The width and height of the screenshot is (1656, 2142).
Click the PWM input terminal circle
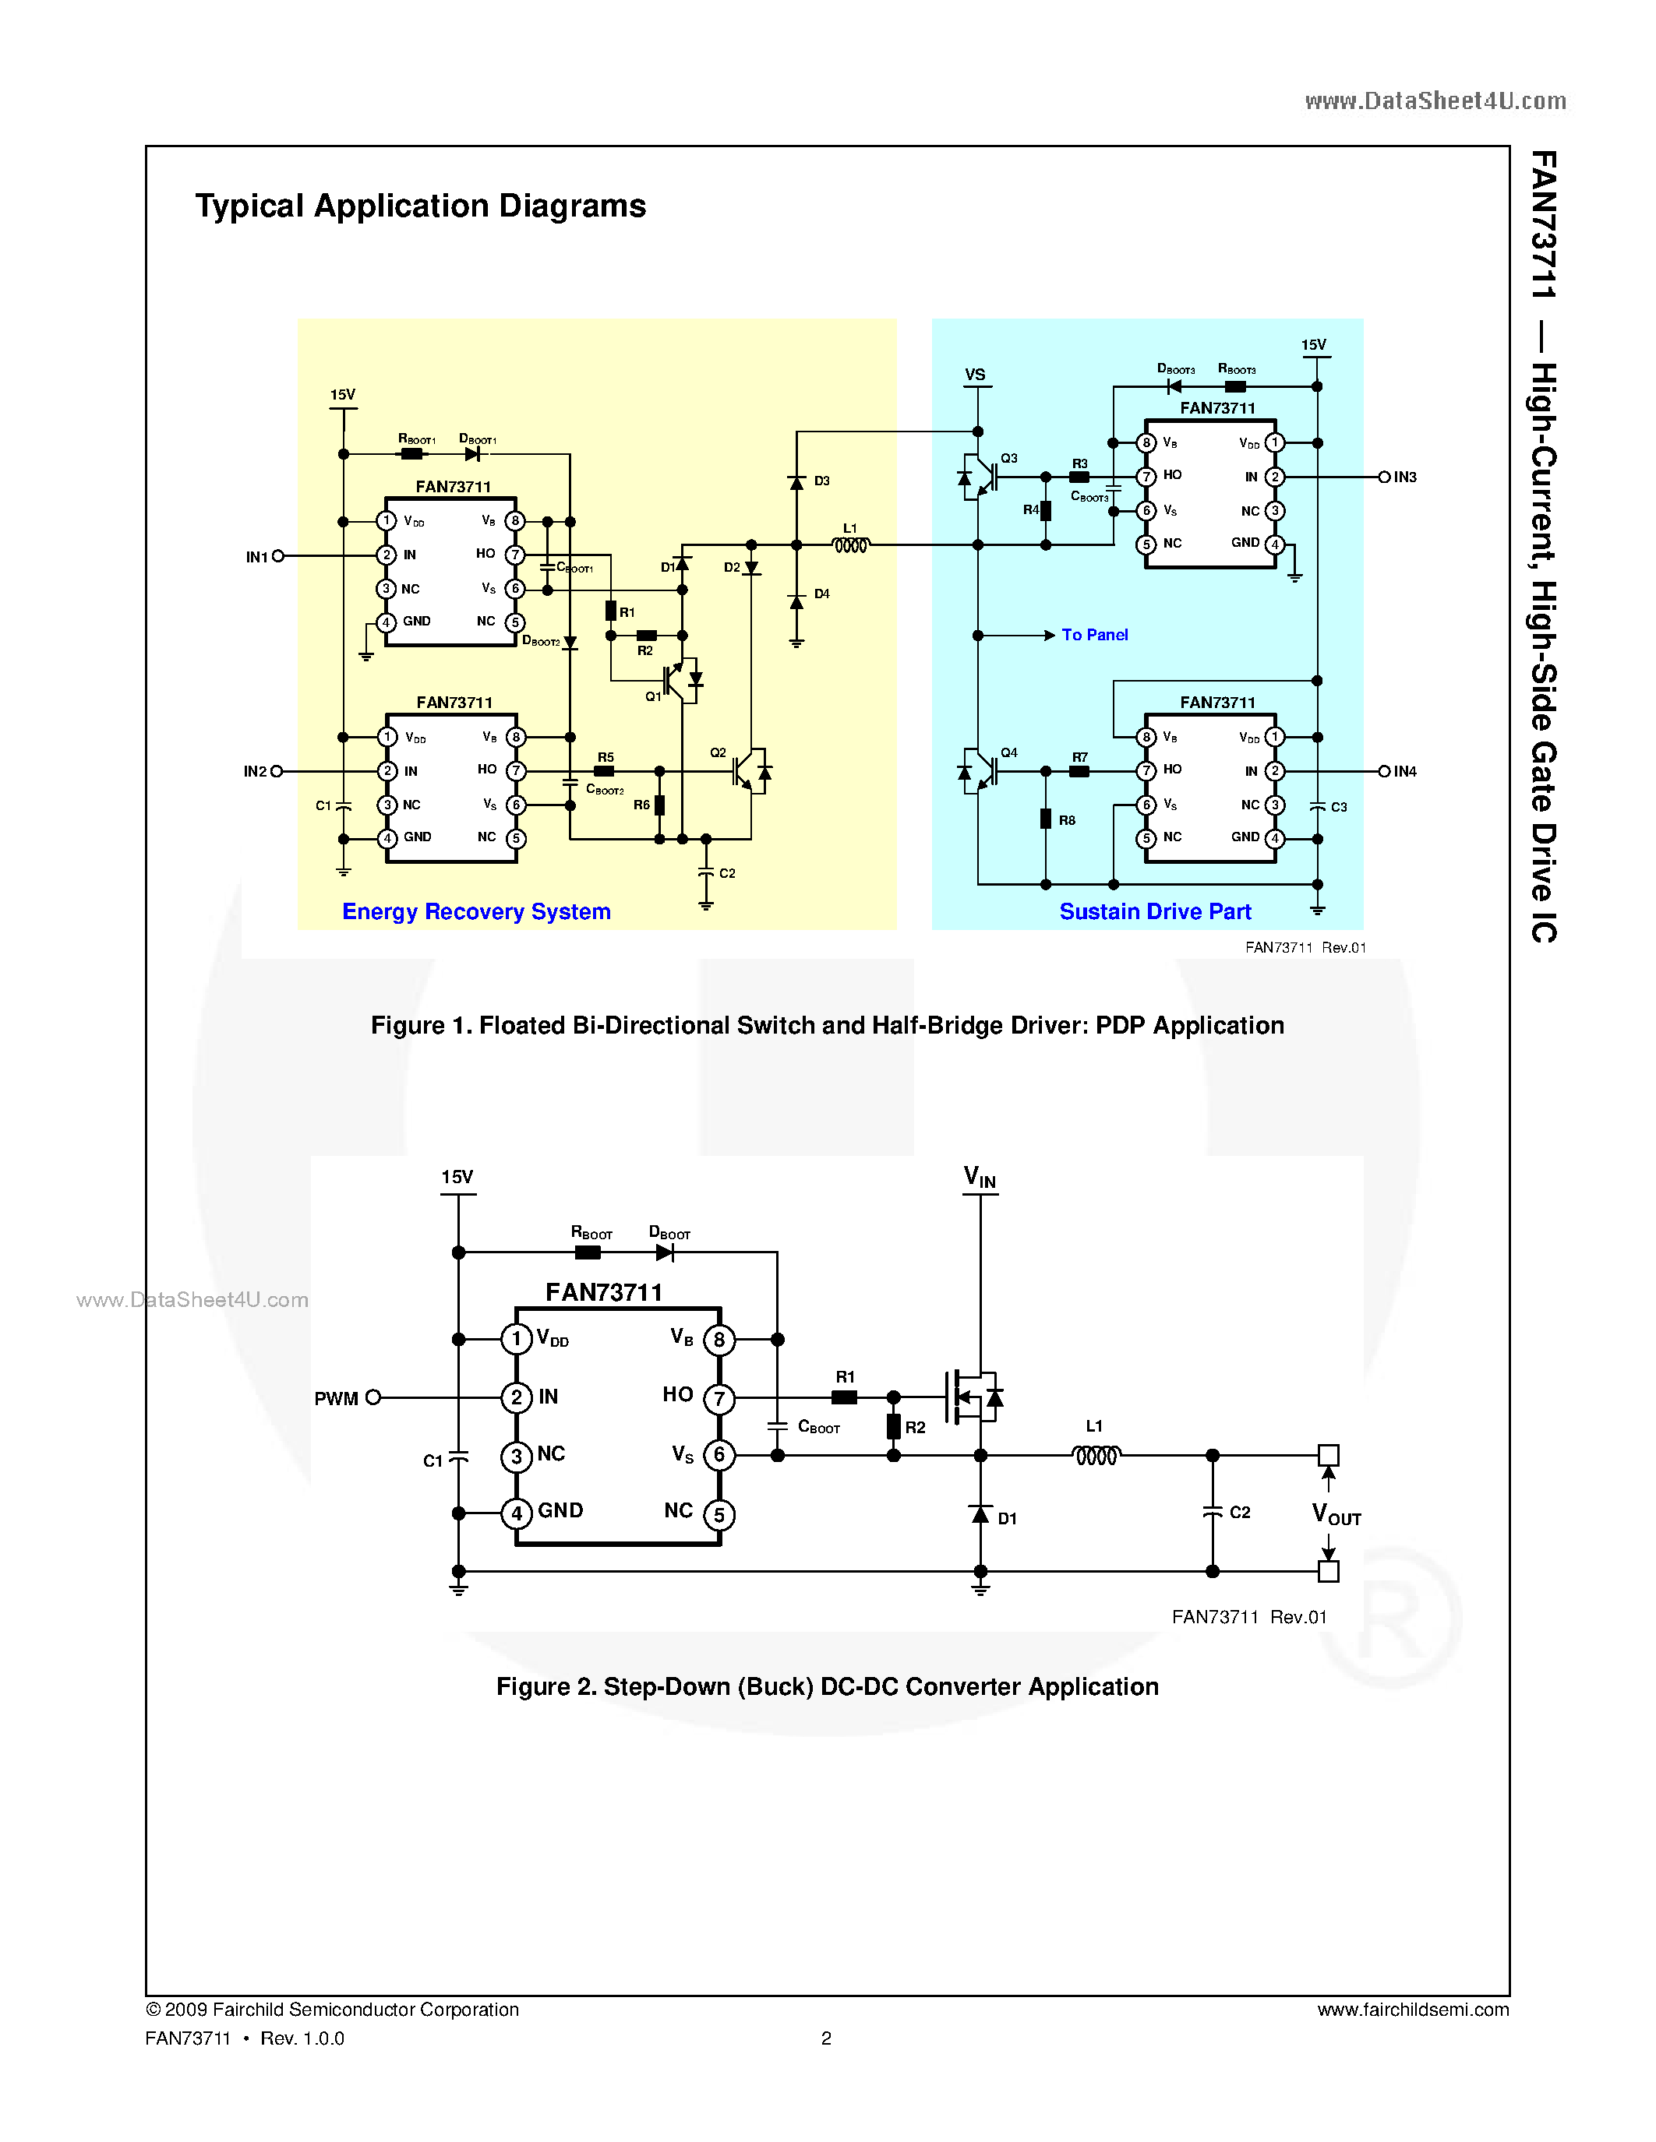pyautogui.click(x=373, y=1397)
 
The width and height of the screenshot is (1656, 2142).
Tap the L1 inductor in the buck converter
pyautogui.click(x=1096, y=1456)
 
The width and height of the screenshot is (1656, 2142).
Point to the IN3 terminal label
pyautogui.click(x=1405, y=477)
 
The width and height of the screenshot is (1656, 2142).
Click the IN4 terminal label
pyautogui.click(x=1405, y=772)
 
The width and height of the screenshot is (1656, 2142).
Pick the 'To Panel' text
pyautogui.click(x=1095, y=636)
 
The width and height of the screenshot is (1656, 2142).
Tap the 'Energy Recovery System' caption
pyautogui.click(x=476, y=912)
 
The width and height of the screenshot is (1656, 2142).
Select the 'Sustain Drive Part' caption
pyautogui.click(x=1155, y=912)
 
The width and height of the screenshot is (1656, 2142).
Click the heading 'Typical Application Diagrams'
pyautogui.click(x=420, y=206)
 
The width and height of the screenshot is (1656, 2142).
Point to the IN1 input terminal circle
pyautogui.click(x=279, y=556)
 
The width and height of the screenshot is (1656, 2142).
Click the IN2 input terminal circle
pyautogui.click(x=277, y=772)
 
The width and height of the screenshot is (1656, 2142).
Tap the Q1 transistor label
pyautogui.click(x=653, y=696)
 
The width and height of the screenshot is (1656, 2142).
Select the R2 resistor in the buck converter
pyautogui.click(x=894, y=1426)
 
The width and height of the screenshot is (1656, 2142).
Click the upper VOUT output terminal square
pyautogui.click(x=1329, y=1456)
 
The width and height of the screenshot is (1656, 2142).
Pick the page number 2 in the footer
pyautogui.click(x=826, y=2038)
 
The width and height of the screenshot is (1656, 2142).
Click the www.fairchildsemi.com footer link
pyautogui.click(x=1413, y=2010)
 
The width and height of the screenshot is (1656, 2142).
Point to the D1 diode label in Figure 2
pyautogui.click(x=1008, y=1518)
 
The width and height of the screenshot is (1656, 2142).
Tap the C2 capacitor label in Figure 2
pyautogui.click(x=1240, y=1513)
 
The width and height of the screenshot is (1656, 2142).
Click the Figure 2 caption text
pyautogui.click(x=827, y=1687)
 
